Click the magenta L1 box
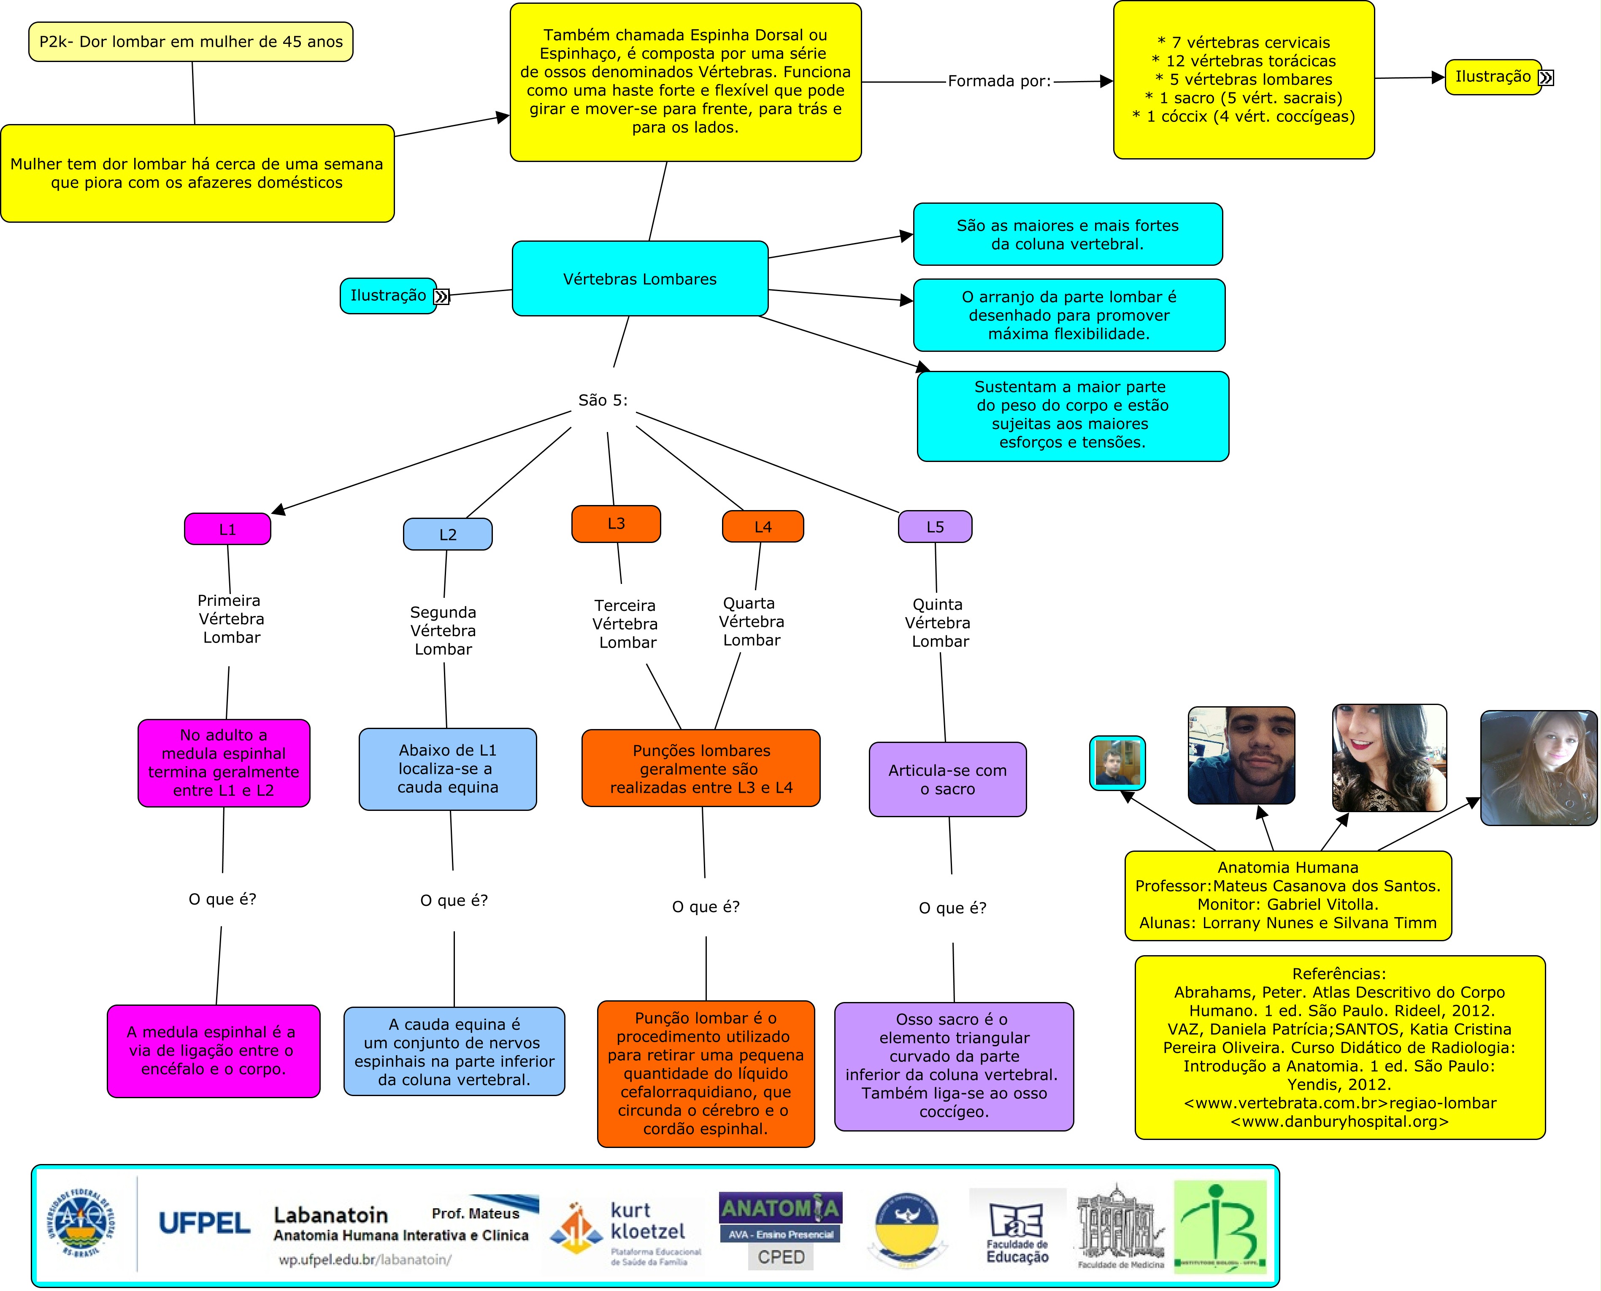[227, 529]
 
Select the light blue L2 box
[448, 535]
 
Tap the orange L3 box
[616, 524]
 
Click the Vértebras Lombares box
[639, 279]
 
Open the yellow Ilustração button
[1493, 77]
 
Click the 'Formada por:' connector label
[999, 81]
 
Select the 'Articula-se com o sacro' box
[947, 779]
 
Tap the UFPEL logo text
[205, 1223]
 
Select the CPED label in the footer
[781, 1257]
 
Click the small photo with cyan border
[1117, 762]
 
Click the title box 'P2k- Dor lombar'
[191, 42]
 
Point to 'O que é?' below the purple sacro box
[952, 908]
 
